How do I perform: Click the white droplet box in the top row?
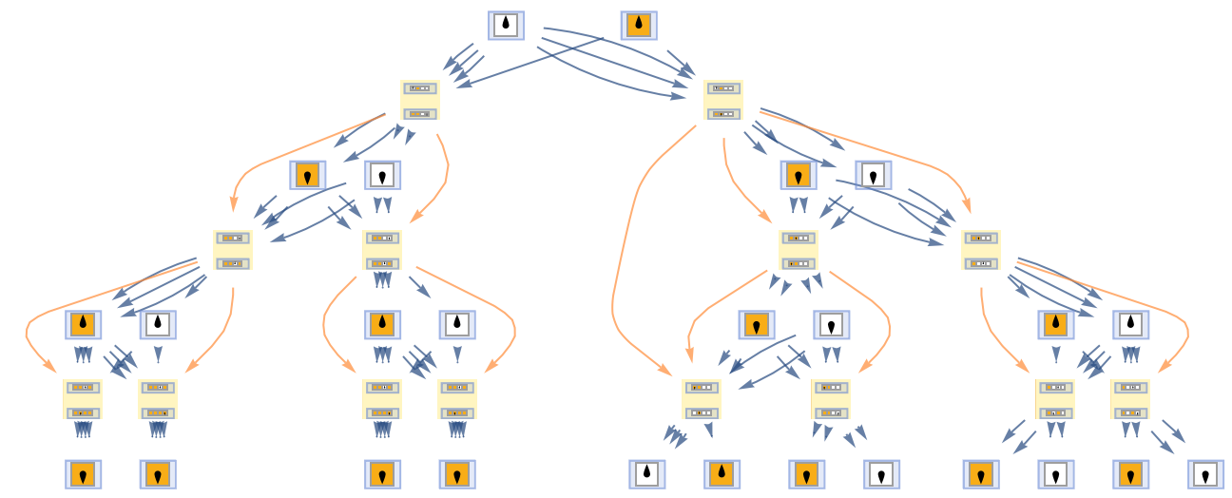[x=507, y=25]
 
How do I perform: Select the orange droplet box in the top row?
[x=639, y=25]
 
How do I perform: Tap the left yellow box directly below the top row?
[x=420, y=100]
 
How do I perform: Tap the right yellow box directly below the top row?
[x=723, y=100]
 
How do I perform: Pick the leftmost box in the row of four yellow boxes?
[x=233, y=250]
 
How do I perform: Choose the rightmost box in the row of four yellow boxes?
[x=981, y=250]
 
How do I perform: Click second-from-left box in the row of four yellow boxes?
[x=382, y=250]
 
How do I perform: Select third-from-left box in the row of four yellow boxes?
[x=799, y=250]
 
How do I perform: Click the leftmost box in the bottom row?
[x=84, y=473]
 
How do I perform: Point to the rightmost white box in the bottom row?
[x=1206, y=473]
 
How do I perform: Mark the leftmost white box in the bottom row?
[x=647, y=473]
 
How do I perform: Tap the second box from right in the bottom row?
[x=1131, y=473]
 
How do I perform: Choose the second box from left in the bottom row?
[x=158, y=473]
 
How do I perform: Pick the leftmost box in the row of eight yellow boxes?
[x=83, y=399]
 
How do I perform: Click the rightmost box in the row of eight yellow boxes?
[x=1130, y=399]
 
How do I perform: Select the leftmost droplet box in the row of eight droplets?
[x=84, y=325]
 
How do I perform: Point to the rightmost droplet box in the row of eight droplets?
[x=1131, y=325]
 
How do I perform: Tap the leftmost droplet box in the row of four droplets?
[x=308, y=175]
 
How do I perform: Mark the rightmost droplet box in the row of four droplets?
[x=874, y=175]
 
